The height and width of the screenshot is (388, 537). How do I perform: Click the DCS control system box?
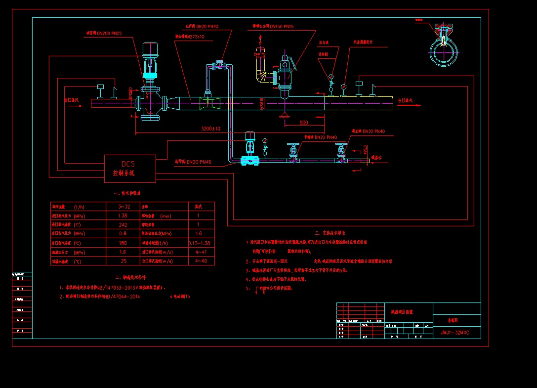coord(130,169)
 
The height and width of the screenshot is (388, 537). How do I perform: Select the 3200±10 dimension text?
coord(211,129)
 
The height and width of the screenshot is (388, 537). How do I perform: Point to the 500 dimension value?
coord(303,123)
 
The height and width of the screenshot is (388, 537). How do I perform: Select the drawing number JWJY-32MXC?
coord(454,333)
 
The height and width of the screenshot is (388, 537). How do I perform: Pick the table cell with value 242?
coord(123,225)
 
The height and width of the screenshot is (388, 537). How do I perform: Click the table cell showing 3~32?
coord(123,206)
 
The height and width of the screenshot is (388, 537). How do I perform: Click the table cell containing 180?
coord(123,243)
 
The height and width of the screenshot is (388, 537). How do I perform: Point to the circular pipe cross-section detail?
coord(443,50)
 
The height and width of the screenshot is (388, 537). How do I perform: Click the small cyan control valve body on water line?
coord(249,160)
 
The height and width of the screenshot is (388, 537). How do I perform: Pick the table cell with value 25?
coord(123,261)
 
